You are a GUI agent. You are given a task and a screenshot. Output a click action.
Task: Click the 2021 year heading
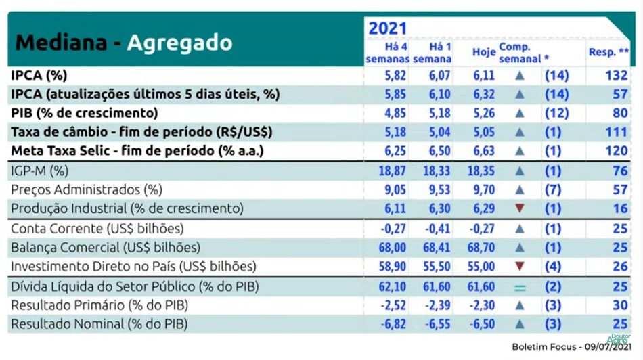click(x=387, y=28)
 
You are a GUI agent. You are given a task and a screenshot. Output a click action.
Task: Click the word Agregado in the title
click(x=179, y=42)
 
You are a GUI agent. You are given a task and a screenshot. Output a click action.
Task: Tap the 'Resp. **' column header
click(x=609, y=51)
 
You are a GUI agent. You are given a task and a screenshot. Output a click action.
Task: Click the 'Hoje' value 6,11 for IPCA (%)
click(x=484, y=75)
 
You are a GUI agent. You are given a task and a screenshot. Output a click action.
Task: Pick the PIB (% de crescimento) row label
click(x=85, y=112)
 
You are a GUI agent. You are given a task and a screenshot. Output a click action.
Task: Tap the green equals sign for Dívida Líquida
click(x=520, y=288)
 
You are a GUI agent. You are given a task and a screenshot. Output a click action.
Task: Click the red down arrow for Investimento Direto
click(x=520, y=267)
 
